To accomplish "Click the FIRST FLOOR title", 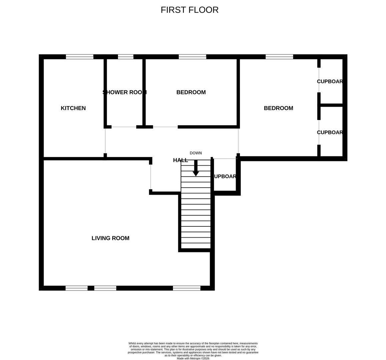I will (189, 10).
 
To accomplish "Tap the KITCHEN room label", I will (73, 108).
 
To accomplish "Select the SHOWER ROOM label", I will (124, 92).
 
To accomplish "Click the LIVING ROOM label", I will (110, 238).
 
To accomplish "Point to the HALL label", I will (180, 160).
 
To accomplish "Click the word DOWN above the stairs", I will (196, 153).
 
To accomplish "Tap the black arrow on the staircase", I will (196, 168).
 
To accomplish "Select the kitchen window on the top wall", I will (80, 57).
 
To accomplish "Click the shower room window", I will (126, 57).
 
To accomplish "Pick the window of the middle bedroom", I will (192, 57).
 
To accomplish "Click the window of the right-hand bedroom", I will (279, 57).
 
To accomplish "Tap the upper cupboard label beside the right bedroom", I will (330, 81).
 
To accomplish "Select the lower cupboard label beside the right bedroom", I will (330, 132).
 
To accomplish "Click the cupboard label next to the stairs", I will (225, 176).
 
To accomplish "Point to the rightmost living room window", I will (187, 288).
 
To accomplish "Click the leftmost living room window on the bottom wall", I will (76, 288).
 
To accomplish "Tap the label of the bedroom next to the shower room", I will (191, 92).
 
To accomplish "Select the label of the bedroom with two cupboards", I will (278, 108).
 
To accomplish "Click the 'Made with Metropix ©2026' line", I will (193, 358).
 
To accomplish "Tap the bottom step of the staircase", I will (196, 246).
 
